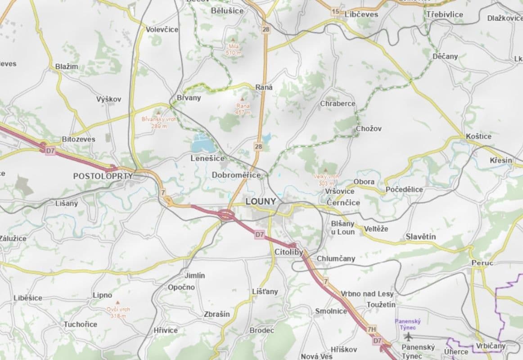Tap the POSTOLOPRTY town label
[103, 176]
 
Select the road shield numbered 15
[335, 12]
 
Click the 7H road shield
[371, 329]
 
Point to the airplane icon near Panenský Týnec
[408, 336]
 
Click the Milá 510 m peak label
[234, 49]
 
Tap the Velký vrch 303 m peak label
[326, 180]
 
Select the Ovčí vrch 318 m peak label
[118, 312]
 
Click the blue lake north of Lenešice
[201, 144]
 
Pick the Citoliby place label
[289, 252]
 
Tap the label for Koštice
[479, 136]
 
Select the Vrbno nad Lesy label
[367, 293]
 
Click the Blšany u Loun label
[343, 228]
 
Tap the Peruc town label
[482, 262]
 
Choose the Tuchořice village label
[80, 324]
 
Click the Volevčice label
[162, 29]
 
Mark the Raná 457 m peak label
[243, 109]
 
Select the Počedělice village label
[404, 189]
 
